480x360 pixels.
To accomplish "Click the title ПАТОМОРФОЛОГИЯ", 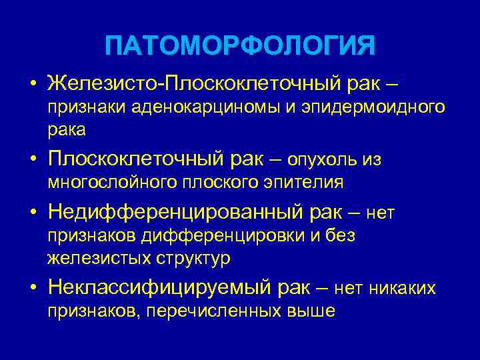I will pyautogui.click(x=240, y=47).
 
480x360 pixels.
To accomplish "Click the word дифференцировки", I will pyautogui.click(x=238, y=235).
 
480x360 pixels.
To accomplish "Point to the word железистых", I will pyautogui.click(x=91, y=257).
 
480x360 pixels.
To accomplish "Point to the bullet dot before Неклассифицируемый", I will pyautogui.click(x=33, y=289).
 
